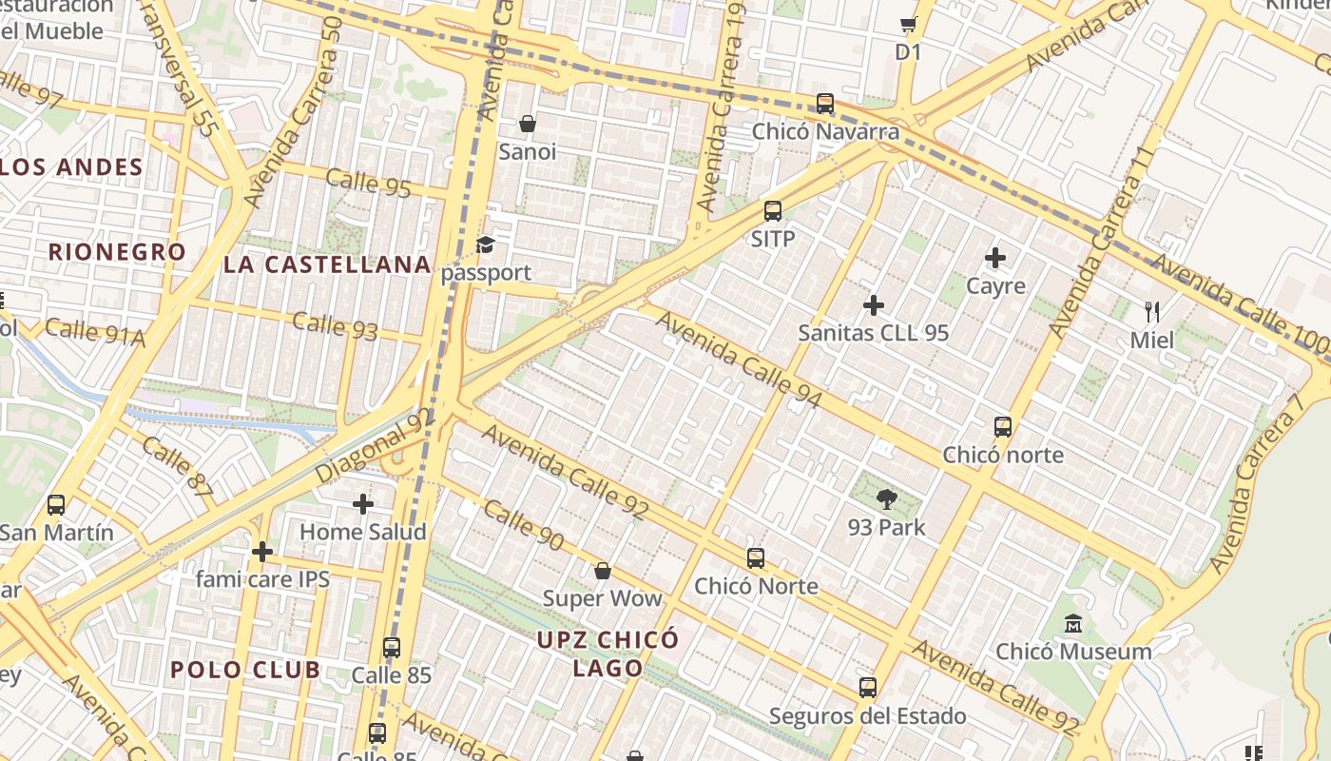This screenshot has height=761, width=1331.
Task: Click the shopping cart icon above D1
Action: [908, 26]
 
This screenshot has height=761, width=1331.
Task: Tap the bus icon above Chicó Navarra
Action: [824, 104]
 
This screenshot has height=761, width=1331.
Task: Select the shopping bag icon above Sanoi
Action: [528, 124]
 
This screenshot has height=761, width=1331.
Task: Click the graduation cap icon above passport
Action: [486, 245]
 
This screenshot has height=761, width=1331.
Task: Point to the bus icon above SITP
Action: [773, 211]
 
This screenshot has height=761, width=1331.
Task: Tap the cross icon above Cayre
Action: [995, 258]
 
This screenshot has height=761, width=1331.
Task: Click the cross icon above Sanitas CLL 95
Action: [873, 305]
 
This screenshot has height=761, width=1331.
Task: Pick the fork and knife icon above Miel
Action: [1152, 311]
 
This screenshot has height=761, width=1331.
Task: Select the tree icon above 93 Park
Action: [886, 498]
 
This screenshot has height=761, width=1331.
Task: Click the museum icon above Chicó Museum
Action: [1073, 624]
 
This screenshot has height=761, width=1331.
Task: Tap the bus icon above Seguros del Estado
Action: [867, 687]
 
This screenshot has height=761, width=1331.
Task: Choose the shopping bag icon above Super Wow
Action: [602, 571]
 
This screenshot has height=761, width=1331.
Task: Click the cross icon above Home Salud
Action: [362, 504]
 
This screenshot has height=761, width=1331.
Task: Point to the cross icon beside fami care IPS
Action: [261, 551]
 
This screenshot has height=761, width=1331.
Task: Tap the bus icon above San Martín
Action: [56, 504]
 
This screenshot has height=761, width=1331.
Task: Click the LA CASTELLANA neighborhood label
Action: [327, 264]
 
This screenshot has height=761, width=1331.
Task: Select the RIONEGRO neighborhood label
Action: [117, 252]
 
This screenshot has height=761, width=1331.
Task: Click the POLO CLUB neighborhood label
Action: [245, 669]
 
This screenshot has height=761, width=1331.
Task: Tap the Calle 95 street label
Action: [368, 183]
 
